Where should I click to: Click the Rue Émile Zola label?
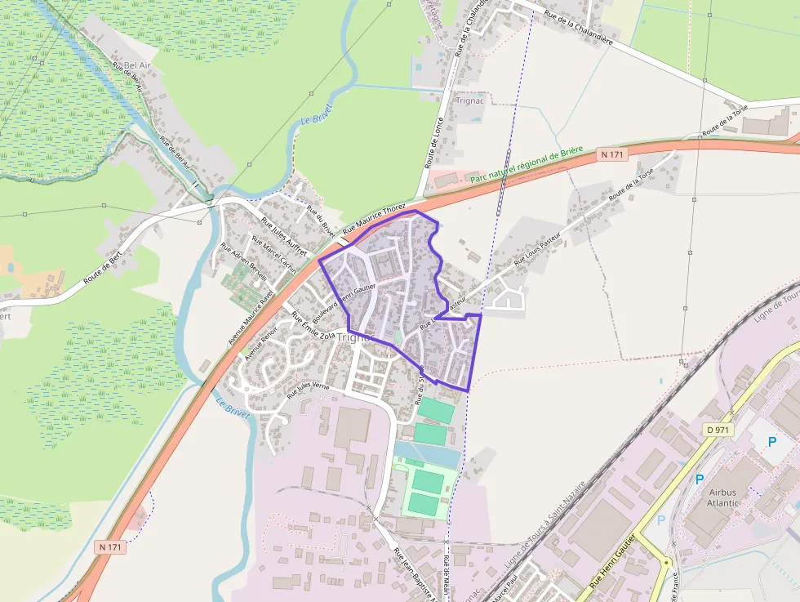(313, 326)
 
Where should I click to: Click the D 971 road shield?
(718, 430)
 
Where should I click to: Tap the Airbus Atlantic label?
(723, 497)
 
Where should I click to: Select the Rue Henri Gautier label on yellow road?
(610, 563)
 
